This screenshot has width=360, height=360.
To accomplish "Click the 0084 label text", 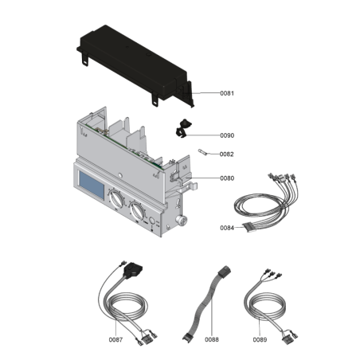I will pos(229,229).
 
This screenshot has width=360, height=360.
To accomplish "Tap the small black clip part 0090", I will pos(182,126).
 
